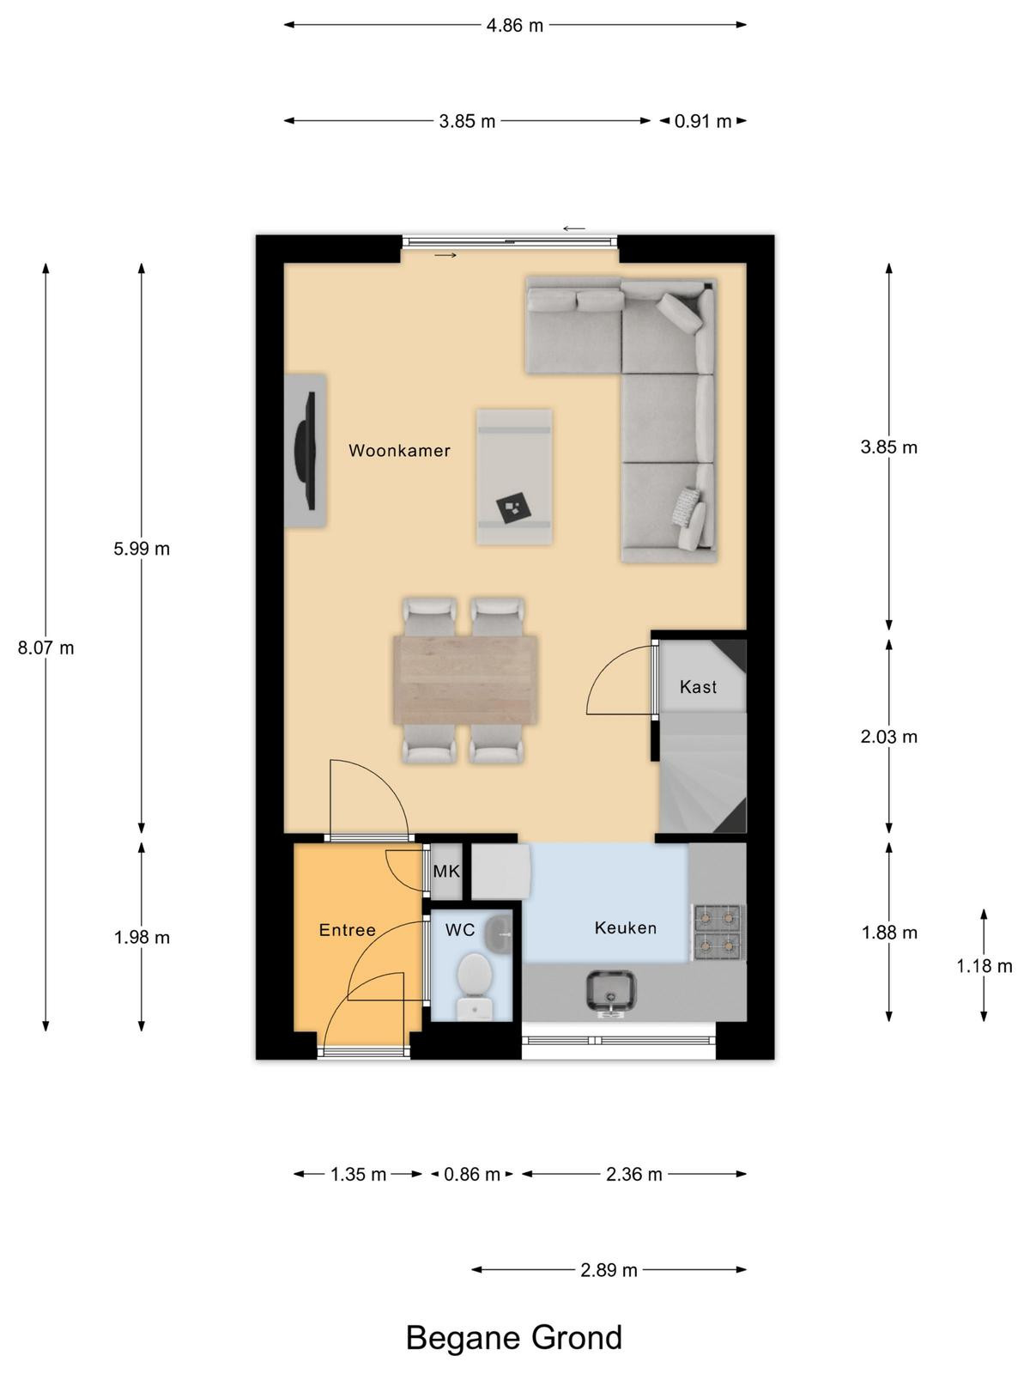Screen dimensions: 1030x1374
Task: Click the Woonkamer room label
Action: (x=399, y=451)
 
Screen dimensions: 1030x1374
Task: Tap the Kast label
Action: (x=698, y=687)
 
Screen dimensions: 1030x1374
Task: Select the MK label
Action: (x=446, y=871)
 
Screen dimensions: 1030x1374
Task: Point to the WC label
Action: (x=460, y=930)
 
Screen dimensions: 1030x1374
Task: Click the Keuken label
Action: (x=626, y=927)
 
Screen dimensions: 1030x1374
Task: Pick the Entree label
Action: (x=347, y=930)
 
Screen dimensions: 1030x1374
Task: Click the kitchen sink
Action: (x=610, y=994)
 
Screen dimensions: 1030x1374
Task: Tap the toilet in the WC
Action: (x=475, y=988)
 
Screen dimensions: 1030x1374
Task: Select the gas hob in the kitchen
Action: (x=718, y=932)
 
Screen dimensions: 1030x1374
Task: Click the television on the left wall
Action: (x=306, y=451)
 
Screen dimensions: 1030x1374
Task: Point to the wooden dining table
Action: (x=466, y=680)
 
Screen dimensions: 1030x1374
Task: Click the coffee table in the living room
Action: (x=514, y=477)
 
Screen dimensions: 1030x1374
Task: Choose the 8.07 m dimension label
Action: (x=45, y=647)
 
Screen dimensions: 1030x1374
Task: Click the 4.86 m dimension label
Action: (x=515, y=26)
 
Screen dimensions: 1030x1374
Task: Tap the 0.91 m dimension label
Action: (x=703, y=121)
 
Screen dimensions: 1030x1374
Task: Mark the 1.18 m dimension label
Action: (x=985, y=966)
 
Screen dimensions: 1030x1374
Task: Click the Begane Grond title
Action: (x=514, y=1336)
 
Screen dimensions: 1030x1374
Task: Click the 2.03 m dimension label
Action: (x=888, y=737)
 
